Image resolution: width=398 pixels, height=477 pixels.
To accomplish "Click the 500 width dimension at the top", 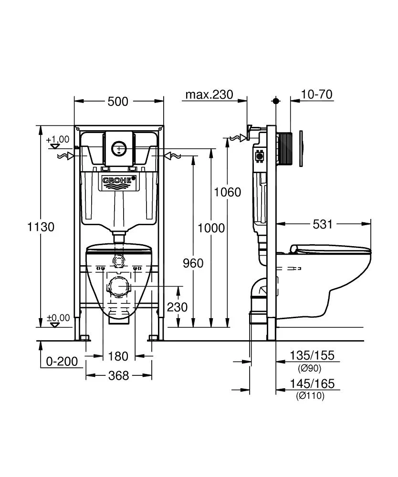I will pyautogui.click(x=118, y=102).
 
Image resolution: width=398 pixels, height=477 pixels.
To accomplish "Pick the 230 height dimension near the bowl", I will pyautogui.click(x=177, y=307).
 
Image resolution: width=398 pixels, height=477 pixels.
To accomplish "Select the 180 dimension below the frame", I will pyautogui.click(x=118, y=356).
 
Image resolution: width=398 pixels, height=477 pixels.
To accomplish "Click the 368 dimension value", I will pyautogui.click(x=118, y=376).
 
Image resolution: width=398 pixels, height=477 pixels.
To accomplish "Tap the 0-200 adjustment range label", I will pyautogui.click(x=62, y=362).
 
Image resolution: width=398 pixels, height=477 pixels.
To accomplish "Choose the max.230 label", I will pyautogui.click(x=209, y=94).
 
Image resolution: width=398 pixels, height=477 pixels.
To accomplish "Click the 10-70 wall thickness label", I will pyautogui.click(x=317, y=94).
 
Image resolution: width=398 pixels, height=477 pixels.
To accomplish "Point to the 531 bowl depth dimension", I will pyautogui.click(x=323, y=224).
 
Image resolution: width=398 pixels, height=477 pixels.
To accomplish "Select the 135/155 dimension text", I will pyautogui.click(x=312, y=355).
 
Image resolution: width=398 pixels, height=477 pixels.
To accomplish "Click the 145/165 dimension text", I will pyautogui.click(x=312, y=384).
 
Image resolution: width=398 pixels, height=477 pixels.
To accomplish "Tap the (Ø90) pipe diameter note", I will pyautogui.click(x=309, y=368).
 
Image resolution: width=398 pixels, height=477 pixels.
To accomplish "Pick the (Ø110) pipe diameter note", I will pyautogui.click(x=310, y=396).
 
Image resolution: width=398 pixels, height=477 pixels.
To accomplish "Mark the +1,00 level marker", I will pyautogui.click(x=57, y=140).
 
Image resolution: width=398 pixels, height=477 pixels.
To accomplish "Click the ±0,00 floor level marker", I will pyautogui.click(x=57, y=318).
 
